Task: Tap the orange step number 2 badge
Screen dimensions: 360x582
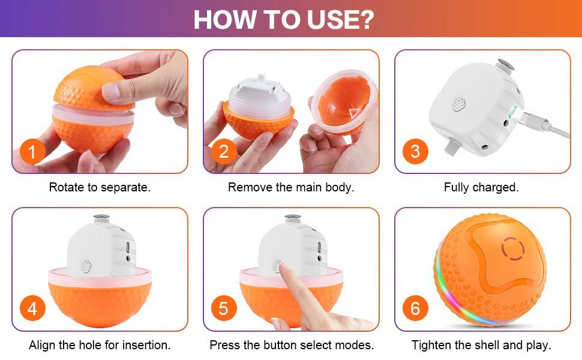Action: (x=224, y=151)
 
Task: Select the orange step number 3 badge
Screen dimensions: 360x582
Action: (x=415, y=151)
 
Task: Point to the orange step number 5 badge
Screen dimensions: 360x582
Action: (x=224, y=308)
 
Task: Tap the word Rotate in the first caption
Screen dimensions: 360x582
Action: (x=67, y=187)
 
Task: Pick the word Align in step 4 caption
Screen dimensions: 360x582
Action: (x=42, y=345)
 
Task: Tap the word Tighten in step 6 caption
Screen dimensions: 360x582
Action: (x=433, y=345)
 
